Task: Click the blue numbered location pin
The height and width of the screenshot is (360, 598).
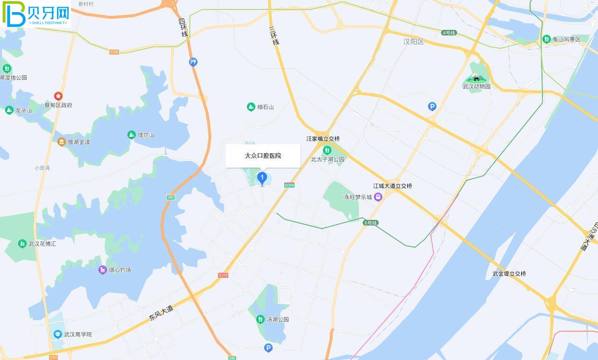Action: pos(262,178)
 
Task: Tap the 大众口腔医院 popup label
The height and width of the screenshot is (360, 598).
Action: pos(263,156)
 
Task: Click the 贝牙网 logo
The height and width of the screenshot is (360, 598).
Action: pos(35,14)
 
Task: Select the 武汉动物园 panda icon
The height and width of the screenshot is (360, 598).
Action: pos(476,78)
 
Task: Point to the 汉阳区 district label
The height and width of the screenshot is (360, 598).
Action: pos(414,42)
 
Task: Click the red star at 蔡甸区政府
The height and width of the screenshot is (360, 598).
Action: pos(58,96)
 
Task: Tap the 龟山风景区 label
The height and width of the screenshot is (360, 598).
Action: pos(566,39)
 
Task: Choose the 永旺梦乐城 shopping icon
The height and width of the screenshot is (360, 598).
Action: pos(378,197)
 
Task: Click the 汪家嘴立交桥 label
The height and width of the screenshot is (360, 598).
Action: pos(323,139)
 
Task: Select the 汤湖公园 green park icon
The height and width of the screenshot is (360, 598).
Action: pos(260,319)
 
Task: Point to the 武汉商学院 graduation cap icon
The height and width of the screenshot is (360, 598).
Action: pos(57,334)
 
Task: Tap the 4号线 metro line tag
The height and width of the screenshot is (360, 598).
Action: pos(449,33)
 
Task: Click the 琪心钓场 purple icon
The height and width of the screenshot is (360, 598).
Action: pos(103,270)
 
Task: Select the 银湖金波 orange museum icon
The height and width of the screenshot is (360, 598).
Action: pos(61,142)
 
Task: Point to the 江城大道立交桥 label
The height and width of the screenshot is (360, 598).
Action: pos(393,186)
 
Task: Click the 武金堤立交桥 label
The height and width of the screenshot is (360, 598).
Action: pos(509,274)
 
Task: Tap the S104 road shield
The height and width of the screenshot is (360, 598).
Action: pos(114,52)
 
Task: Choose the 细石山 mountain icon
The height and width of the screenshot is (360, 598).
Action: pos(251,107)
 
